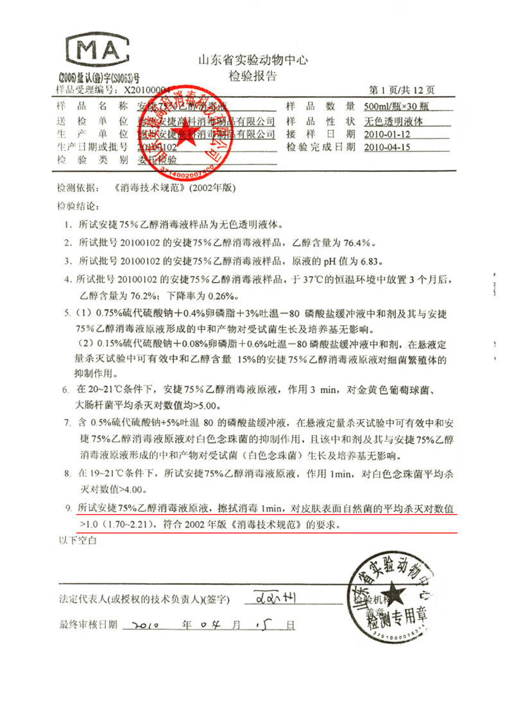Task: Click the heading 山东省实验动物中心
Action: click(254, 61)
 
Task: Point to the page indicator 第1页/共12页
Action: click(402, 91)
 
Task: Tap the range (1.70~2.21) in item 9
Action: click(125, 525)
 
